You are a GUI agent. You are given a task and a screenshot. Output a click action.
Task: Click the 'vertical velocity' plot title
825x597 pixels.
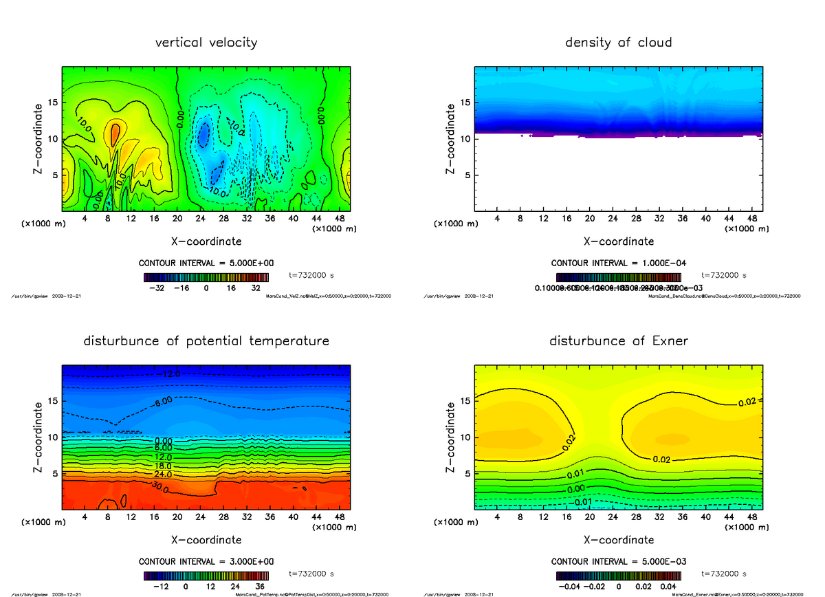tap(206, 43)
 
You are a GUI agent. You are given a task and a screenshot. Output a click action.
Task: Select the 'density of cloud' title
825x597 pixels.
tap(618, 43)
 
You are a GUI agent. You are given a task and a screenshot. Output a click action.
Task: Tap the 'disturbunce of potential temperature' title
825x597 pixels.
tap(206, 341)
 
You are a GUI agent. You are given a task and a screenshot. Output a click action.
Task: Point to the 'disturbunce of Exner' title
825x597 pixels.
tap(618, 341)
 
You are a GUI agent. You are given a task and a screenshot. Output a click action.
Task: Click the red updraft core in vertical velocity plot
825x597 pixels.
tap(115, 131)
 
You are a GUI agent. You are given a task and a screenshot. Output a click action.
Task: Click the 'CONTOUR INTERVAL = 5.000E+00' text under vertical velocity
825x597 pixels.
tap(206, 263)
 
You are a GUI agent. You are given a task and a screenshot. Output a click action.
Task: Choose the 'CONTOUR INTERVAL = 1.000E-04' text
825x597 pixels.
tap(618, 263)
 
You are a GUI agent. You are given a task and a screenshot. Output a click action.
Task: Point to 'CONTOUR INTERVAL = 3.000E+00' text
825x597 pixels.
tap(206, 561)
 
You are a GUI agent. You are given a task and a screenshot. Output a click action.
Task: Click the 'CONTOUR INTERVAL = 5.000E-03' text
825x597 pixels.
tap(618, 561)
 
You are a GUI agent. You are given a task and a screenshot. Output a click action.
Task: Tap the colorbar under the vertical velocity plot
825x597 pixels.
tap(206, 277)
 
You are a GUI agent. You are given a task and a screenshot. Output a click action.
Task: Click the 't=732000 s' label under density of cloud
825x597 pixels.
tap(724, 275)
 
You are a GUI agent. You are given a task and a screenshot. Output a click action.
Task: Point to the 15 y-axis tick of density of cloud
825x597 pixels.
tap(465, 102)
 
